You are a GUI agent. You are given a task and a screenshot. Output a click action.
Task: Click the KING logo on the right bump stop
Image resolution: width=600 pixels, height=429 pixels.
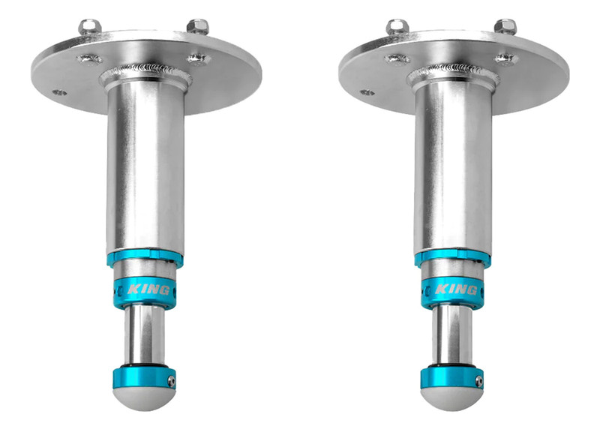(454, 289)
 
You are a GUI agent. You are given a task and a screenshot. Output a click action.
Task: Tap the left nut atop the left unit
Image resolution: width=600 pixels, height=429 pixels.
(90, 27)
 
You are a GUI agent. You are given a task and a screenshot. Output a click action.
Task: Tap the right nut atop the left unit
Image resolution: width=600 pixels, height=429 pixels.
(196, 28)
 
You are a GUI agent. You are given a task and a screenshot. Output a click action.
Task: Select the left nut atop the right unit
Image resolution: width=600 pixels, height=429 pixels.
(396, 28)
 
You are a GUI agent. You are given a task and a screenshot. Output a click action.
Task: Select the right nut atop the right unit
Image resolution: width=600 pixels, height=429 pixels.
(505, 27)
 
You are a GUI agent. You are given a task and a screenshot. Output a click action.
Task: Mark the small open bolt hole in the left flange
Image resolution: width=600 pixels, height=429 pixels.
(59, 93)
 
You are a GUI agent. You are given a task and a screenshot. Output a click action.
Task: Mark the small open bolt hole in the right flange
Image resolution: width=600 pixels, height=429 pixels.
(367, 93)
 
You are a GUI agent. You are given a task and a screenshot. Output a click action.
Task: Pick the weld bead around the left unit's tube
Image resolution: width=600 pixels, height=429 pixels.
(142, 73)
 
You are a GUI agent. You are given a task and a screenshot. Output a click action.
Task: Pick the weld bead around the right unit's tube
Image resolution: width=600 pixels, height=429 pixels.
(450, 73)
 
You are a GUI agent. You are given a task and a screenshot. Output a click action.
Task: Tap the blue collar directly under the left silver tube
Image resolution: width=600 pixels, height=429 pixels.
(144, 259)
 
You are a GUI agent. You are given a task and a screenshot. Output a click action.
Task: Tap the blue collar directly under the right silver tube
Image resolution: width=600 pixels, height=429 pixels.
(451, 259)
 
